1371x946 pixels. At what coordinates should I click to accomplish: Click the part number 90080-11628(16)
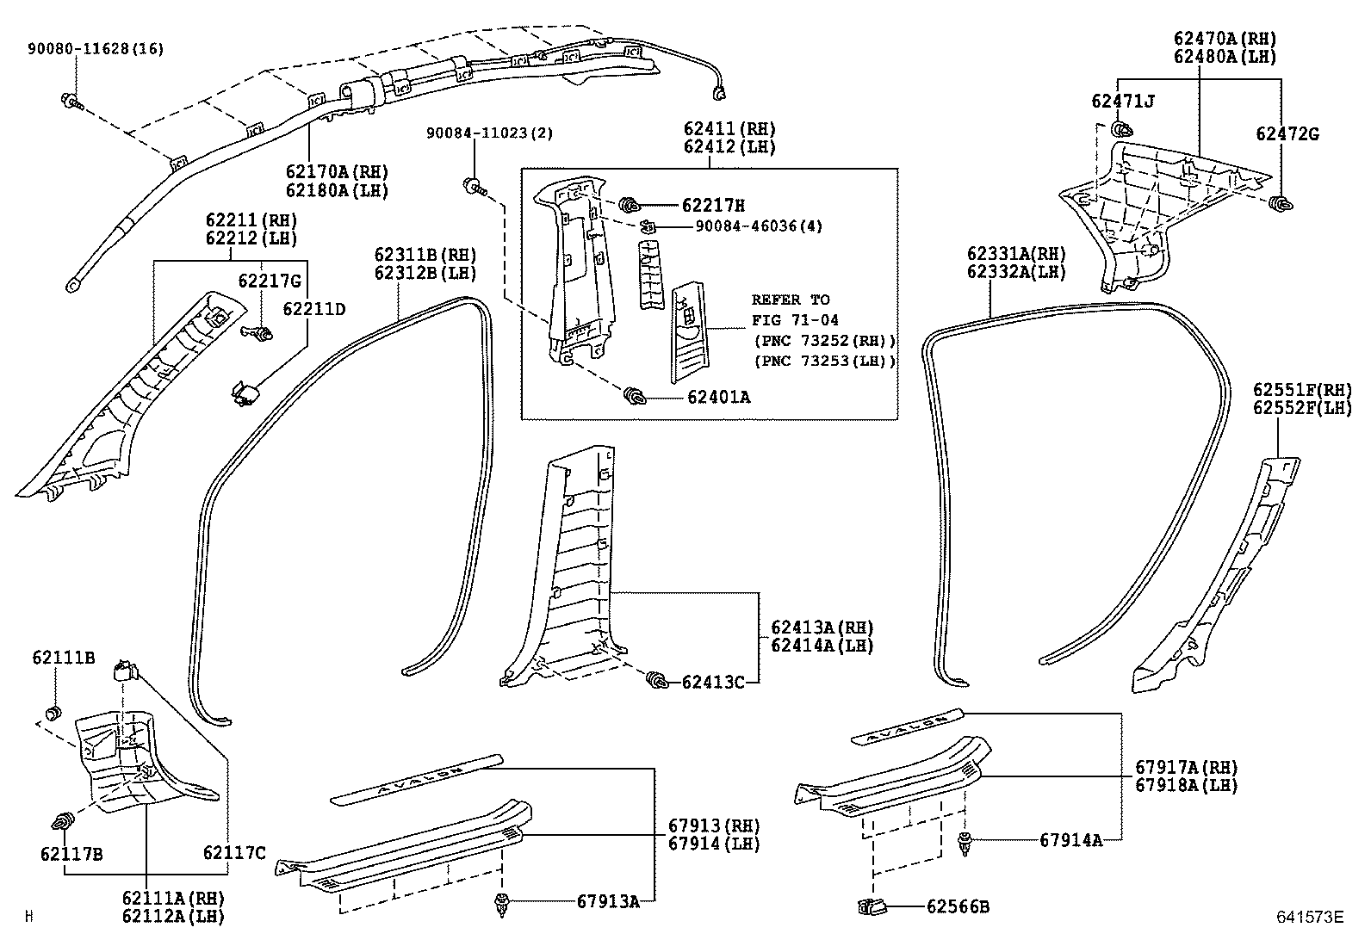[x=94, y=49]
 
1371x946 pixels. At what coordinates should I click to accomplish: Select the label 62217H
[x=713, y=206]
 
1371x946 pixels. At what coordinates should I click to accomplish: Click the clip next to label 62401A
[x=636, y=396]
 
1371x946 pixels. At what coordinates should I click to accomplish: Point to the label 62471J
[x=1123, y=102]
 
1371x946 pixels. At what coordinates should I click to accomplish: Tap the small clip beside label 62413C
[x=657, y=680]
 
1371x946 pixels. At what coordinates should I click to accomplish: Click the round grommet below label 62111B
[x=54, y=713]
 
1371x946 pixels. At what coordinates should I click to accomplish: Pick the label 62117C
[x=234, y=853]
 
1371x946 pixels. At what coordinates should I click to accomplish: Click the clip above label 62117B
[x=64, y=823]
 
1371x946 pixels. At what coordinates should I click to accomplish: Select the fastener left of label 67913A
[x=500, y=903]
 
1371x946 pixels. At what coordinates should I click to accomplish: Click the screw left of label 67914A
[x=965, y=843]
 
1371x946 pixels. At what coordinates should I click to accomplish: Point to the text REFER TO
[x=791, y=300]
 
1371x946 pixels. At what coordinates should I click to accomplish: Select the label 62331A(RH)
[x=1016, y=254]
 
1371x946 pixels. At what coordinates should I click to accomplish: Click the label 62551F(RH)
[x=1302, y=389]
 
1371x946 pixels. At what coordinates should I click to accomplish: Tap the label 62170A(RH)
[x=336, y=170]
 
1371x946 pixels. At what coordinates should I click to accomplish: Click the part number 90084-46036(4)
[x=758, y=226]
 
